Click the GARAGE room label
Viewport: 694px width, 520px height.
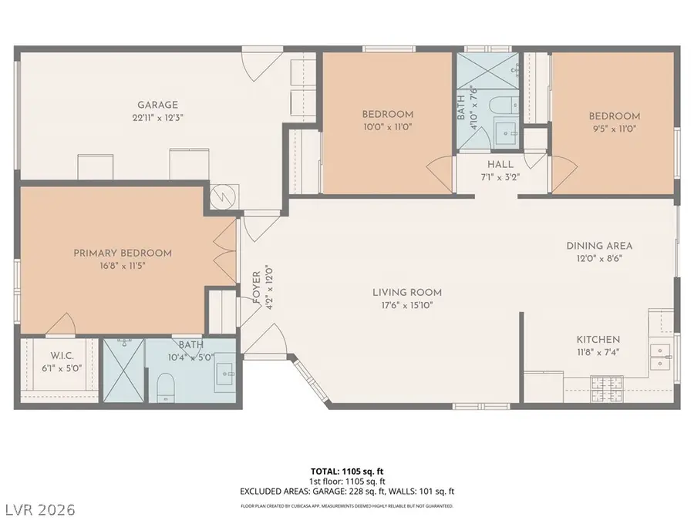[x=157, y=106]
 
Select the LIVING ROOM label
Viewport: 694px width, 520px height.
[x=406, y=292]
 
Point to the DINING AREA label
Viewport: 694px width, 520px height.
[x=599, y=246]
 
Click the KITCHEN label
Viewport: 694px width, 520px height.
[x=598, y=339]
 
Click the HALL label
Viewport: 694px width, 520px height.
[x=500, y=165]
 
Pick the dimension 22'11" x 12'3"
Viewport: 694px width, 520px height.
[x=157, y=118]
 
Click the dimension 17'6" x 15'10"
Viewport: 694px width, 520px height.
[x=406, y=305]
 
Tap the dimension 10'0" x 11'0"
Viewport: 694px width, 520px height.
[x=388, y=127]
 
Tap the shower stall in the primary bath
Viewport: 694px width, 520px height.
[x=123, y=370]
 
